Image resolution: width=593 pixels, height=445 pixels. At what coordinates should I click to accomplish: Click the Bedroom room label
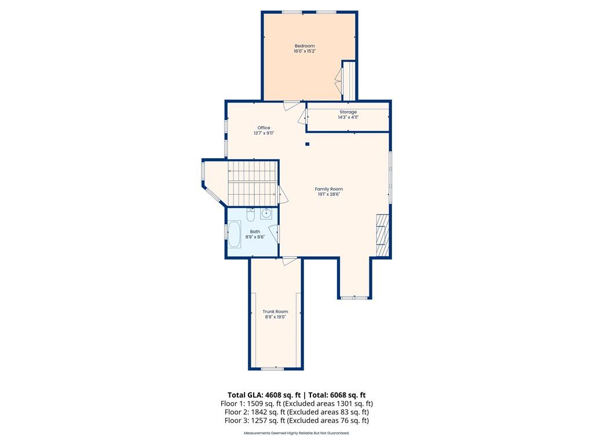[x=305, y=46]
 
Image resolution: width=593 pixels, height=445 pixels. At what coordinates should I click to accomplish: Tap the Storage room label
[x=348, y=112]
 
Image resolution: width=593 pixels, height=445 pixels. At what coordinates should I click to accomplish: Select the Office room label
[x=263, y=128]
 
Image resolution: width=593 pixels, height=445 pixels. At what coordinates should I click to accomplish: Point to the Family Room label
[x=329, y=189]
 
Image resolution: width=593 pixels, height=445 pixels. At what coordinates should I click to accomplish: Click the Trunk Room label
[x=275, y=312]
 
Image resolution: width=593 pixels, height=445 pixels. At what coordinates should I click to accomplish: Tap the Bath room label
[x=255, y=232]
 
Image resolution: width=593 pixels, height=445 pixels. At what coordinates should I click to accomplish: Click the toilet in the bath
[x=250, y=215]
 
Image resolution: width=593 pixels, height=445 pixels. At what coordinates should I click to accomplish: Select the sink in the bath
[x=266, y=213]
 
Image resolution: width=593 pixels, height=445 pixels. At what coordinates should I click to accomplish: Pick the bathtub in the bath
[x=235, y=235]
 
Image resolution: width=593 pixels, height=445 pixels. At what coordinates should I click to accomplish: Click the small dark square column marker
[x=308, y=144]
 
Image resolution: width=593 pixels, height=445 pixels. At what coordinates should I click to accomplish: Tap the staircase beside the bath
[x=252, y=183]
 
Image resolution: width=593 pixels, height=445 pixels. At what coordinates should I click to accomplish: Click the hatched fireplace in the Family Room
[x=382, y=235]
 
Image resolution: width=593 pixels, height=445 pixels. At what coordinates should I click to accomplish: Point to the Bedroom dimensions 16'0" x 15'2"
[x=305, y=51]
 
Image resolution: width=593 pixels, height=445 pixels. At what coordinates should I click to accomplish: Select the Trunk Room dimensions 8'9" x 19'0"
[x=275, y=317]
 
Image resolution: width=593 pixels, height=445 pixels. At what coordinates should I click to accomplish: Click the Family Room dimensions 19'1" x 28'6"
[x=329, y=195]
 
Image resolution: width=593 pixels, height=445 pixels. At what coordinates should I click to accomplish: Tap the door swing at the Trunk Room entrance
[x=290, y=261]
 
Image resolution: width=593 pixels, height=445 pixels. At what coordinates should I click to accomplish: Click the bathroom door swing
[x=274, y=234]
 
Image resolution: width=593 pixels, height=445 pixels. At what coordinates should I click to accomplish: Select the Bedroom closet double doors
[x=338, y=80]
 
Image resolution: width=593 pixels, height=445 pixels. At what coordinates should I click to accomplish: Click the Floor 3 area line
[x=296, y=421]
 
